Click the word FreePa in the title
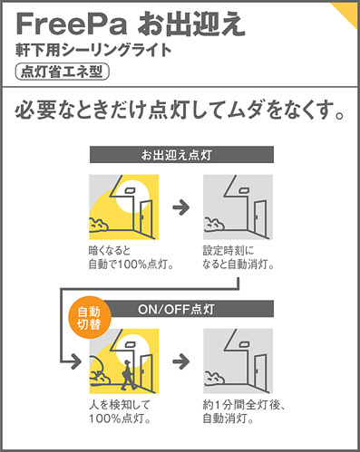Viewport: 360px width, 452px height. point(72,24)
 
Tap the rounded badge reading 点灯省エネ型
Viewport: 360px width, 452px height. point(62,72)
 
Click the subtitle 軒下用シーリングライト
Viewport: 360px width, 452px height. point(93,51)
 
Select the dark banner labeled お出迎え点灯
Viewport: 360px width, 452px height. point(181,155)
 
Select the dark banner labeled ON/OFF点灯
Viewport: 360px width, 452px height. point(188,309)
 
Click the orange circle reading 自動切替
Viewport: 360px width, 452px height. point(90,318)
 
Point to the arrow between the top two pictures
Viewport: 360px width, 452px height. point(181,207)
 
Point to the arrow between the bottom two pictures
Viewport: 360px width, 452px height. point(181,361)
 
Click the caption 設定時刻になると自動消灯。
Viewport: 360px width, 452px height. point(238,258)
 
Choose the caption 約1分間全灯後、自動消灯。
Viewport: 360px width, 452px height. point(244,412)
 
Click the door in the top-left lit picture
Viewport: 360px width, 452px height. point(146,218)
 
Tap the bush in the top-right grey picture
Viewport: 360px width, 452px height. point(214,225)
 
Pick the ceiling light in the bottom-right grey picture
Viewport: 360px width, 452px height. point(244,344)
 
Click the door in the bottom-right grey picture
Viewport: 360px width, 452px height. point(260,372)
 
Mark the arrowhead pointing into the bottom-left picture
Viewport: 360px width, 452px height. point(76,361)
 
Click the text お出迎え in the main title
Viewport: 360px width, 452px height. point(191,24)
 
